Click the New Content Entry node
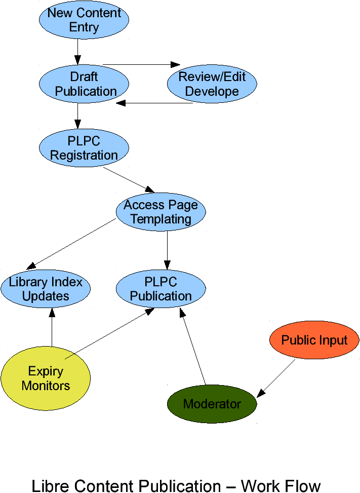click(x=84, y=20)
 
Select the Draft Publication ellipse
click(x=84, y=84)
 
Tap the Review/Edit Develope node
click(x=212, y=84)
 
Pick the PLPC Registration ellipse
click(x=84, y=148)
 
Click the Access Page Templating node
click(x=161, y=212)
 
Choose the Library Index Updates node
click(x=46, y=289)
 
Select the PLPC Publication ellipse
click(x=161, y=289)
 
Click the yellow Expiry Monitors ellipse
click(x=46, y=378)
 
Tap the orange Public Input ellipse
click(x=314, y=340)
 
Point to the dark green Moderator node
click(x=212, y=404)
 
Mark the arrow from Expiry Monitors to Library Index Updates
click(x=52, y=327)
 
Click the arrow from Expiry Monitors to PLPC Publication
click(x=110, y=333)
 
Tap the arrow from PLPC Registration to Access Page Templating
click(x=129, y=180)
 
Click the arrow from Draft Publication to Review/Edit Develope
click(x=142, y=65)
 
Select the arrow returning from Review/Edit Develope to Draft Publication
click(x=154, y=103)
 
